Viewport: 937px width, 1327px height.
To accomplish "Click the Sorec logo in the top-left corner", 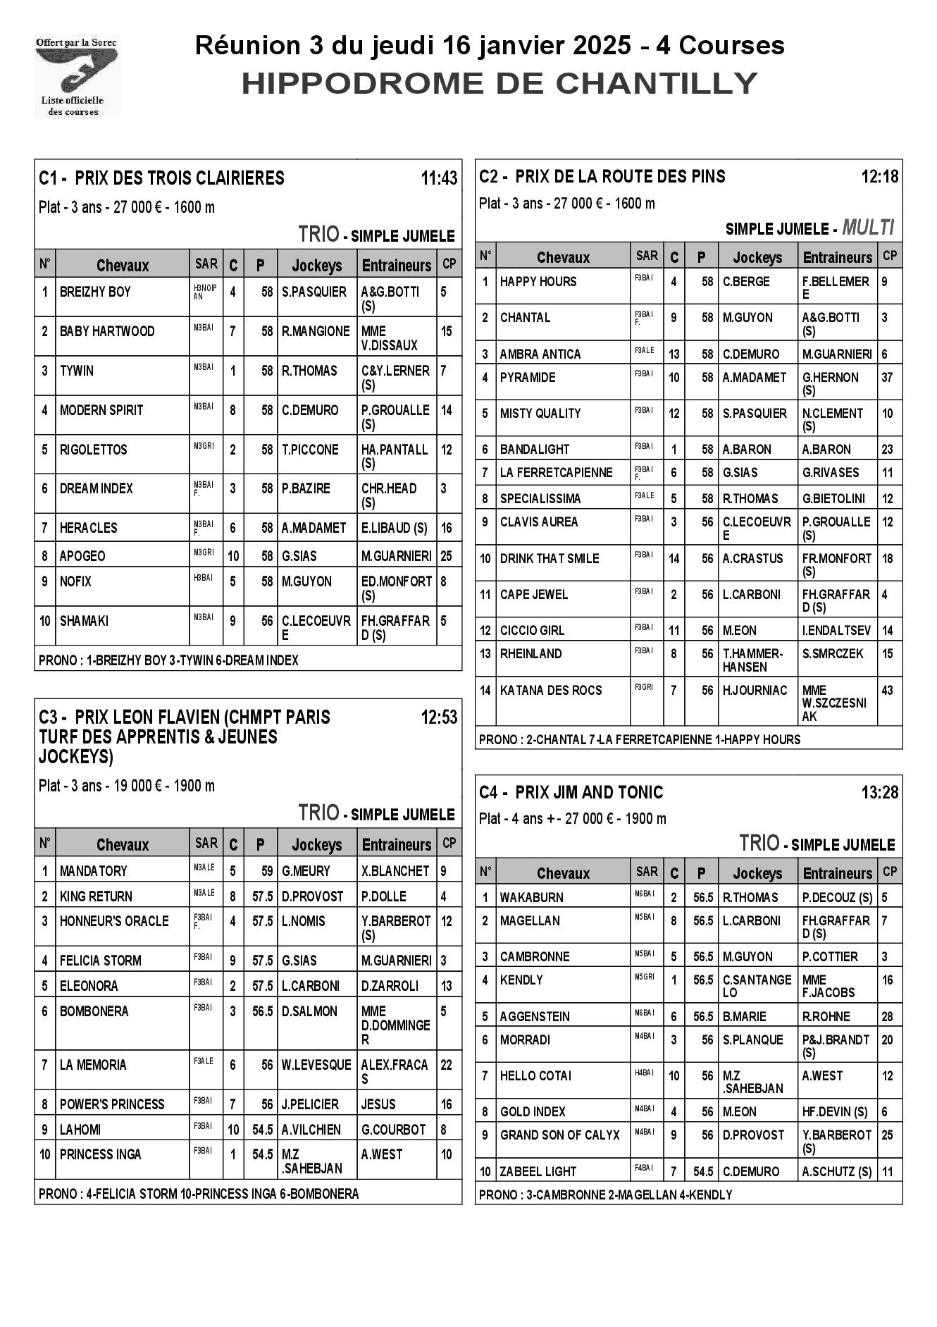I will (x=77, y=76).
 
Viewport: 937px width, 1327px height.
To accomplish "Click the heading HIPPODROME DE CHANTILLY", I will (x=499, y=83).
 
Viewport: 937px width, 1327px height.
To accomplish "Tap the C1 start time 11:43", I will (x=438, y=178).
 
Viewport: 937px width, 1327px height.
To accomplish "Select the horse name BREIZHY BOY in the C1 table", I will (x=95, y=292).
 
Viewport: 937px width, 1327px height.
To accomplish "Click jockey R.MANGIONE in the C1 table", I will (x=316, y=331).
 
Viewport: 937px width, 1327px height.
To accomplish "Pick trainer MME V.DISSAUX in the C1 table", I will (x=390, y=338).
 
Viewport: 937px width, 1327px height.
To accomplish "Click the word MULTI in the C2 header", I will (x=868, y=228).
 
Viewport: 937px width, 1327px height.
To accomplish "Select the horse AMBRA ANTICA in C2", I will (x=540, y=354).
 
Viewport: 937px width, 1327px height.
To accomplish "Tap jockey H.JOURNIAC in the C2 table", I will (x=755, y=691).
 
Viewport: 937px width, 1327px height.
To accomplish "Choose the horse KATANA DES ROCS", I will (x=551, y=691).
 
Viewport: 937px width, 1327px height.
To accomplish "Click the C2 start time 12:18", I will (x=879, y=176).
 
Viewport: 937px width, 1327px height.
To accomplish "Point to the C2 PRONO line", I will (x=640, y=739).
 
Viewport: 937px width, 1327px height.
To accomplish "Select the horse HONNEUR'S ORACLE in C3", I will (x=114, y=921).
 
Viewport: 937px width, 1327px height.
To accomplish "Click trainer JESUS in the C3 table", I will (x=378, y=1104).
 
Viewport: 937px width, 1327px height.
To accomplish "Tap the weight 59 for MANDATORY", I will (x=266, y=871).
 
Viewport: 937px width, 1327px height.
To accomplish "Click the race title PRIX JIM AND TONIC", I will (x=589, y=793).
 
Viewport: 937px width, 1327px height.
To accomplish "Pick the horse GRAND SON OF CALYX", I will (x=559, y=1135).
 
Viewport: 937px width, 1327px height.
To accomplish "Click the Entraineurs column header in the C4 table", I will (x=837, y=873).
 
